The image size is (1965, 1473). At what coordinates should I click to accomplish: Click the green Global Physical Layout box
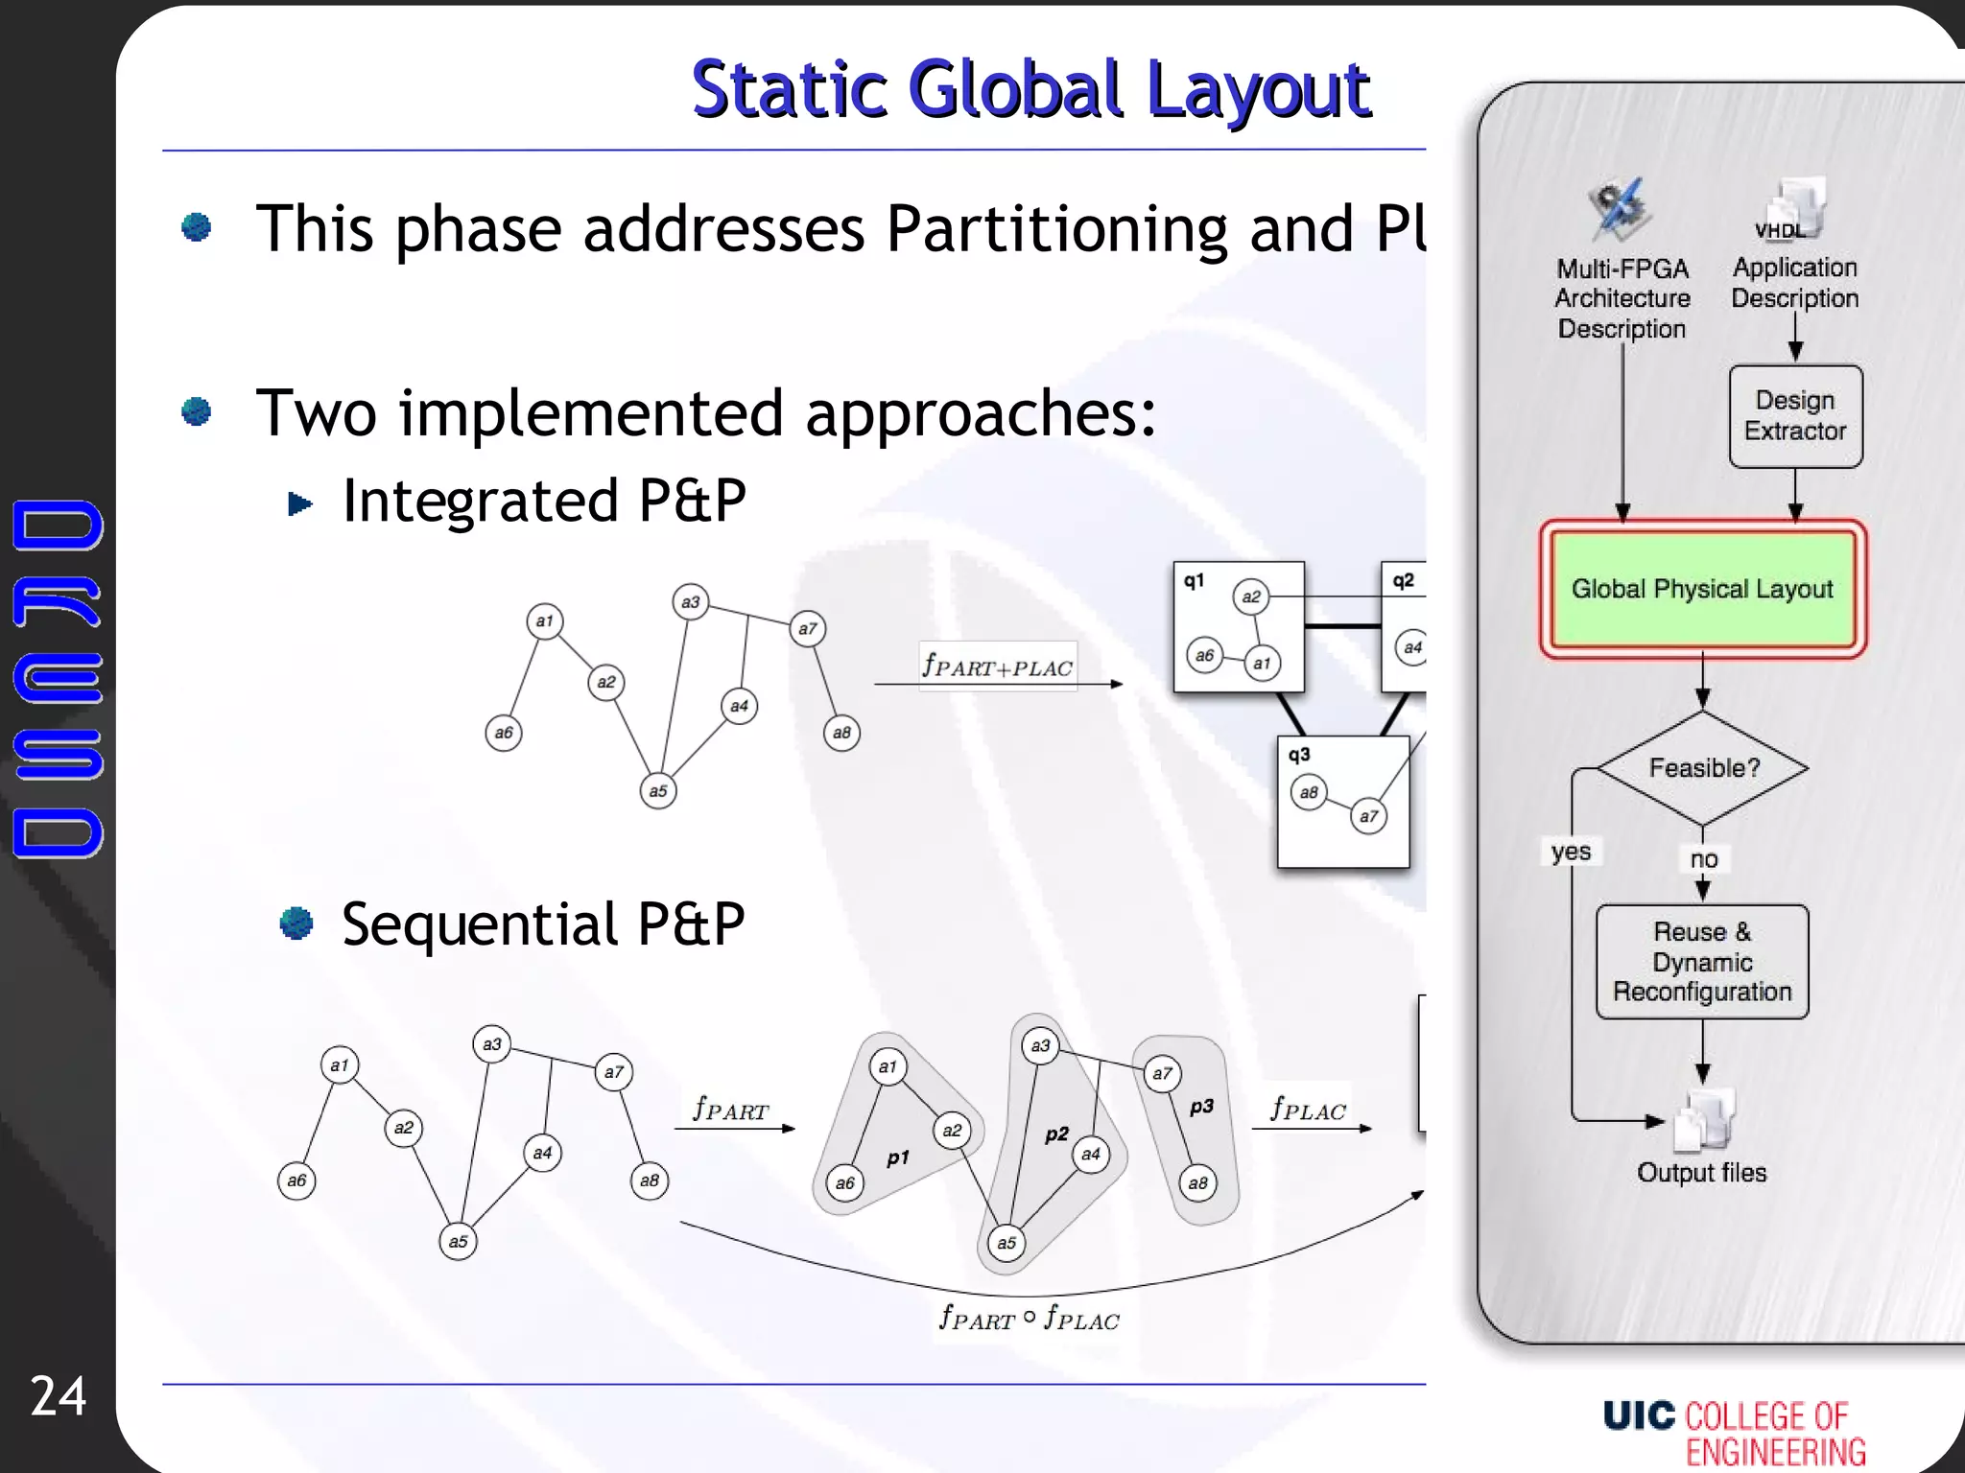point(1702,589)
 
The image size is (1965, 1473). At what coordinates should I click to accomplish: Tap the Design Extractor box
point(1795,416)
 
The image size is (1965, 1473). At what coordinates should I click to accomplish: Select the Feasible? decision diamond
point(1703,767)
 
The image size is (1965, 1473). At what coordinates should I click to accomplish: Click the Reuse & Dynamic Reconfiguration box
point(1702,961)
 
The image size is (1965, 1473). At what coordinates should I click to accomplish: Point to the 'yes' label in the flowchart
point(1571,852)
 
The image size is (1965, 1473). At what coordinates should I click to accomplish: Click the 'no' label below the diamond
point(1703,859)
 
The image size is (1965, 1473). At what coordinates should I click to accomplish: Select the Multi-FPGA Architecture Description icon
point(1621,209)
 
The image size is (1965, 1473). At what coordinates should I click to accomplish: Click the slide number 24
point(59,1395)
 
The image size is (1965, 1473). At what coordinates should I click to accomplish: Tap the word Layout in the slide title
point(1259,90)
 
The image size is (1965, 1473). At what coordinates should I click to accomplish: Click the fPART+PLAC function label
point(997,666)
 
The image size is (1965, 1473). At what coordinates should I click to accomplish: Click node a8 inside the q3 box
point(1309,792)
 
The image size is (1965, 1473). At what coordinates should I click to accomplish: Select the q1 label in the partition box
point(1194,580)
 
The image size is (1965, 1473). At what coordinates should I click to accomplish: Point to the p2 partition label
point(1056,1134)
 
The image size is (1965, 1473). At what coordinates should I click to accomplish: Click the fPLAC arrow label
point(1308,1110)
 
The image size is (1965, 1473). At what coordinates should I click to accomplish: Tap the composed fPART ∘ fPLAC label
point(1029,1318)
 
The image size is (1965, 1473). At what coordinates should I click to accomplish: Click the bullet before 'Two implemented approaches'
point(197,411)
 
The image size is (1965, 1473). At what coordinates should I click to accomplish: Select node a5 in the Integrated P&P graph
point(657,791)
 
